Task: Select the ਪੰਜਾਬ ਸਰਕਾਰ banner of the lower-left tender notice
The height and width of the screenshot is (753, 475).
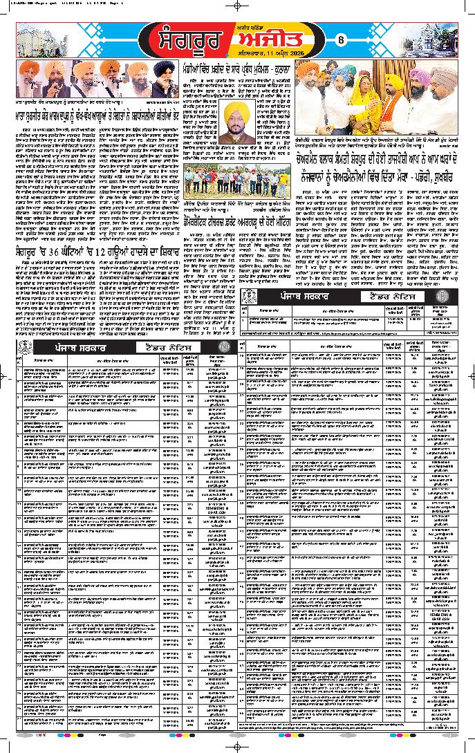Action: (76, 346)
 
